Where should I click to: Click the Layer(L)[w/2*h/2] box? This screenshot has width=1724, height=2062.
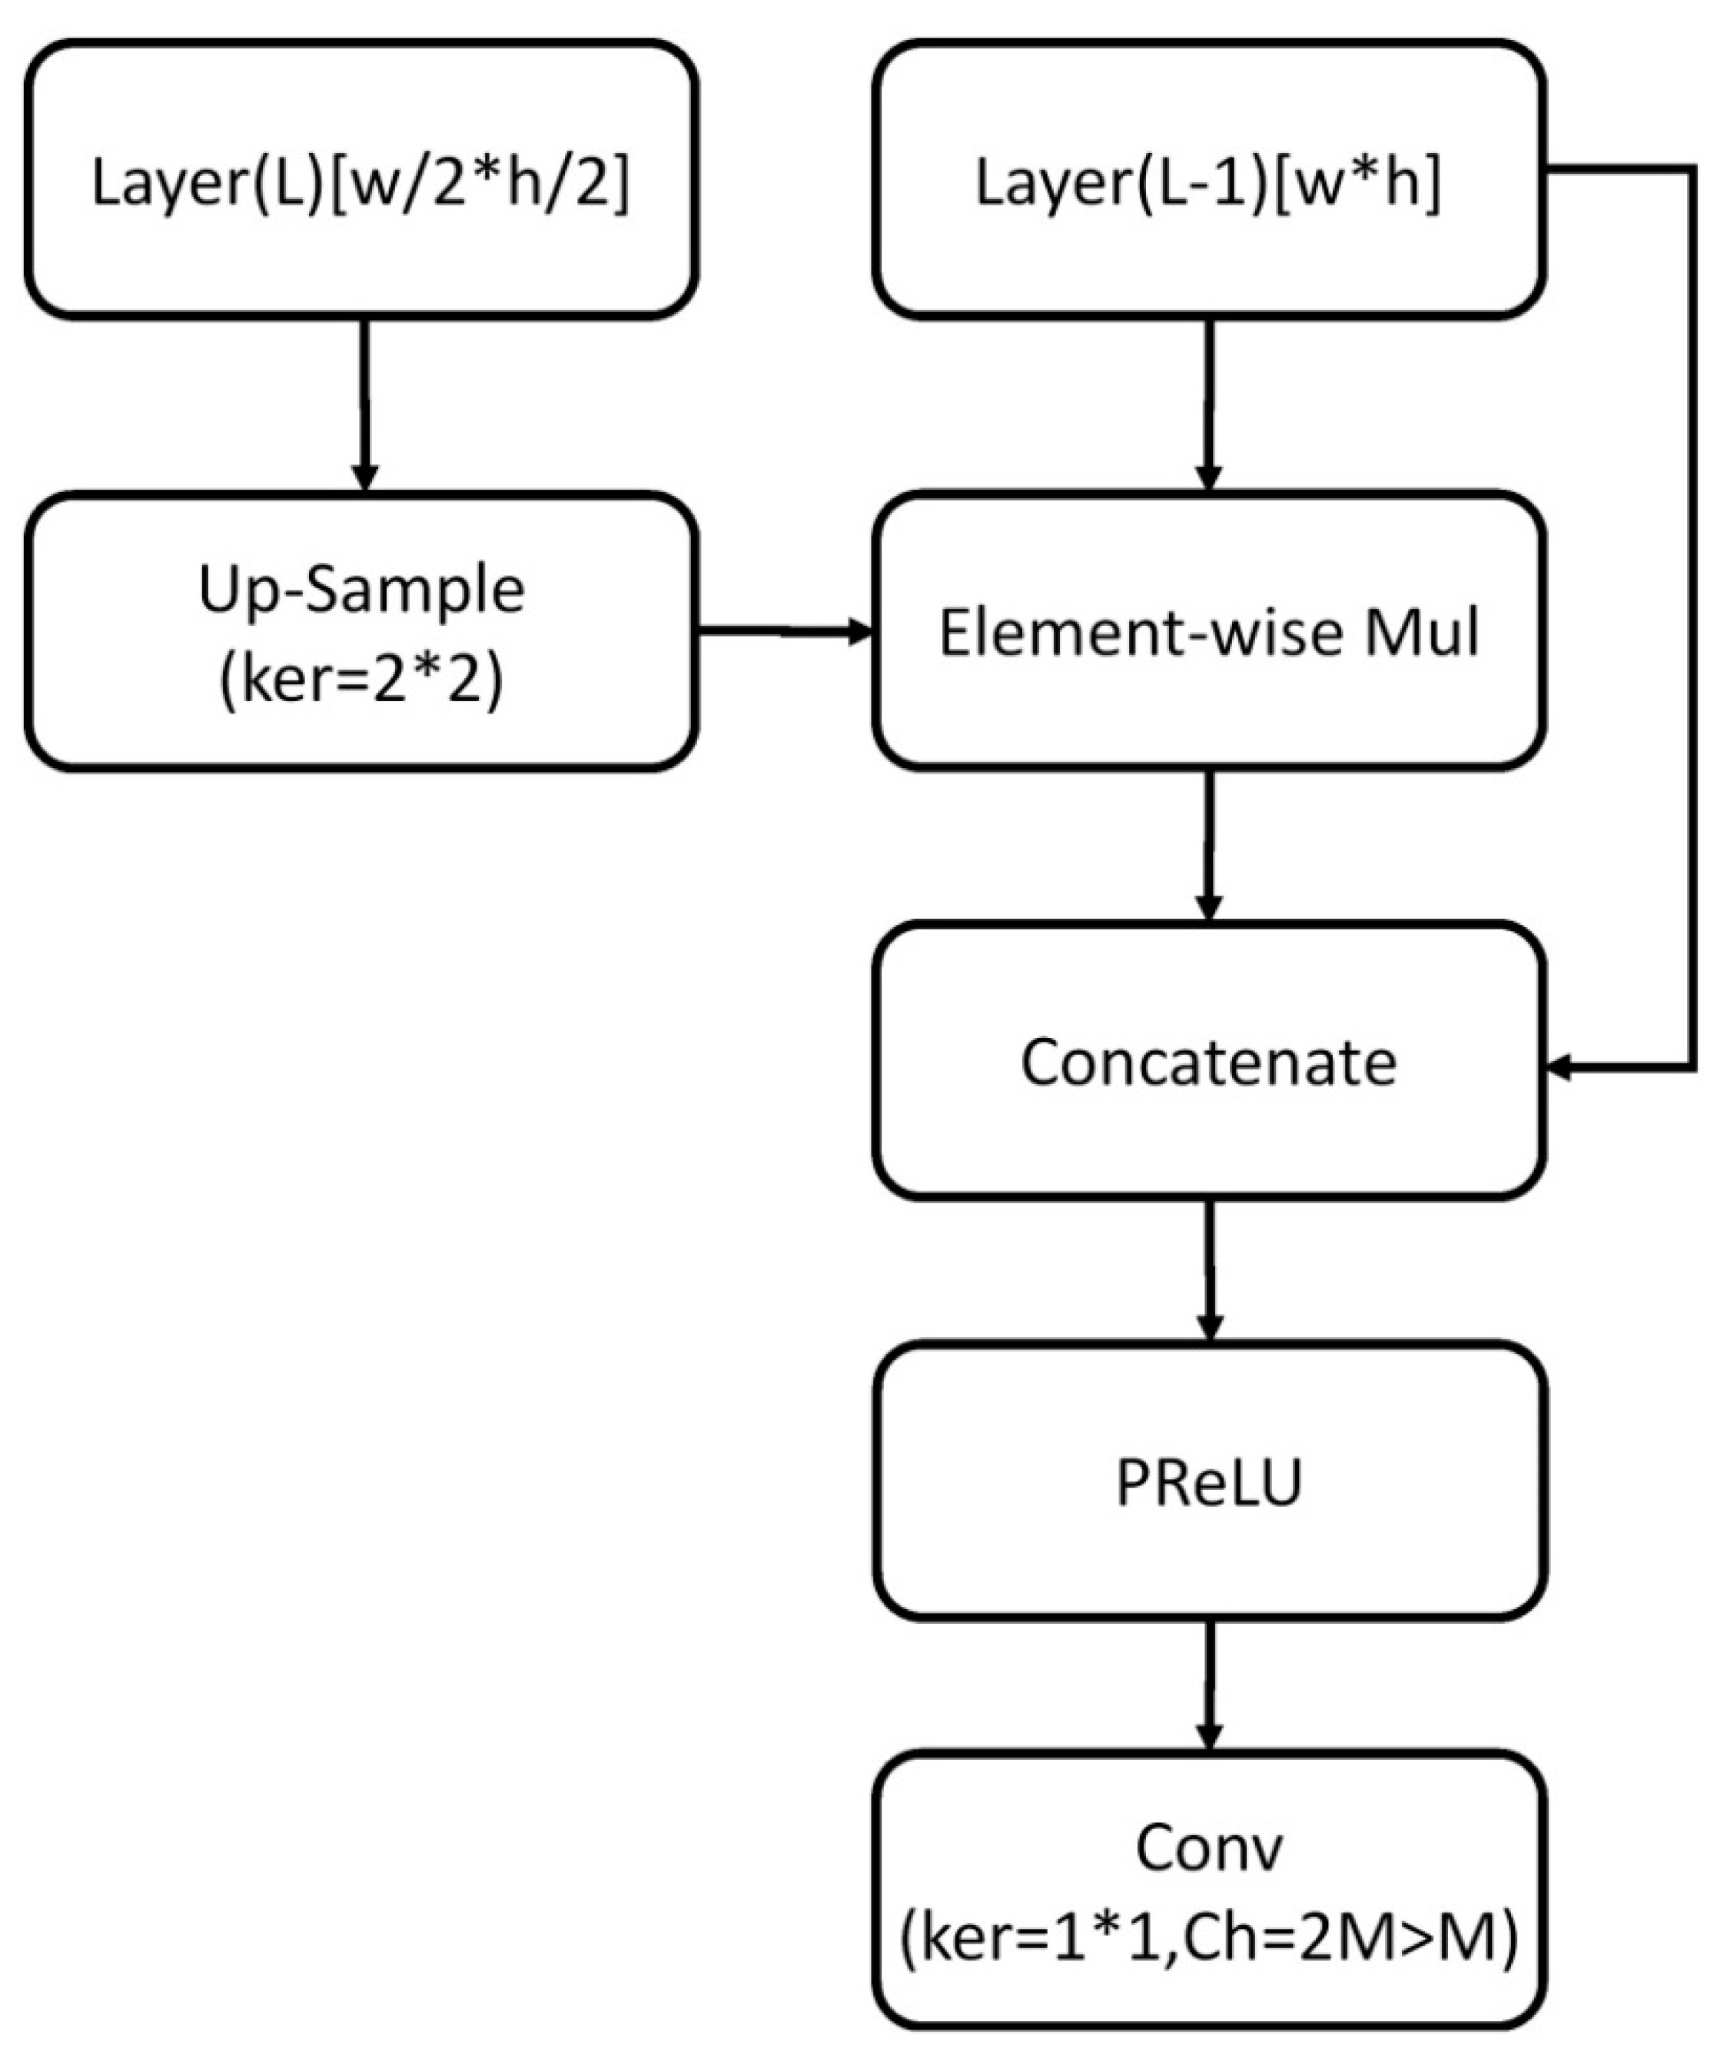361,180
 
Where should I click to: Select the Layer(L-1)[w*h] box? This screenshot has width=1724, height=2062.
1208,180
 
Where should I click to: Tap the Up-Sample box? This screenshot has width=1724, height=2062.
361,631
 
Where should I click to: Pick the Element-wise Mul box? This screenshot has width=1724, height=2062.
1208,631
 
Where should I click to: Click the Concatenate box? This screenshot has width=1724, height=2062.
1208,1063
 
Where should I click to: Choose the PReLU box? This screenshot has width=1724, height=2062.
1208,1482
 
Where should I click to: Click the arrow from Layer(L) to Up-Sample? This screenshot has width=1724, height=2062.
364,403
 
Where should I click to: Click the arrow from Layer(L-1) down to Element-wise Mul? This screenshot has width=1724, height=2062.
1208,403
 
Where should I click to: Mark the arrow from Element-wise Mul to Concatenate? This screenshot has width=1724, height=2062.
1208,844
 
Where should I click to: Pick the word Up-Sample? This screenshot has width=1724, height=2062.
361,589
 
